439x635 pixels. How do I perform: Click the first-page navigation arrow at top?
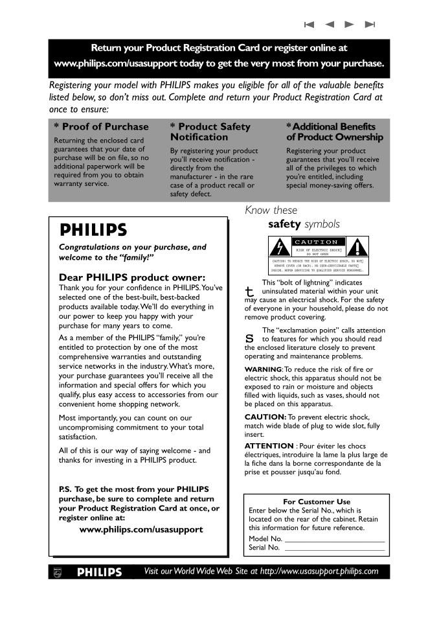point(309,25)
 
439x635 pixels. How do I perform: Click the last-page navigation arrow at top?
point(370,25)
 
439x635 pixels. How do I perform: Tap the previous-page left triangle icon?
point(330,25)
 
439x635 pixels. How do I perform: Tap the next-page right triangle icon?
point(350,25)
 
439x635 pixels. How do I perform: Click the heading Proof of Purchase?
point(101,126)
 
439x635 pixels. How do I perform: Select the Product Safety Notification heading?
point(210,132)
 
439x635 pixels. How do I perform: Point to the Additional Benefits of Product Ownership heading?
point(334,132)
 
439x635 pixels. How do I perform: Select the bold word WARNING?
point(262,369)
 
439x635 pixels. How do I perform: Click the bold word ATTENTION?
point(269,446)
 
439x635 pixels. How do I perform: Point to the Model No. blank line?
point(334,540)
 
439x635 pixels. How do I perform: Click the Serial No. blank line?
point(334,549)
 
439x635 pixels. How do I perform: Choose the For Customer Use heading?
point(317,502)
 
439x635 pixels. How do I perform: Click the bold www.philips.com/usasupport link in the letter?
point(141,529)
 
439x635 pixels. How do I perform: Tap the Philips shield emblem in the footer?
point(56,572)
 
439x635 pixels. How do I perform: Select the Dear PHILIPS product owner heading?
point(123,277)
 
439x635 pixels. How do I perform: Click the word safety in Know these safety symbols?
point(284,224)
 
